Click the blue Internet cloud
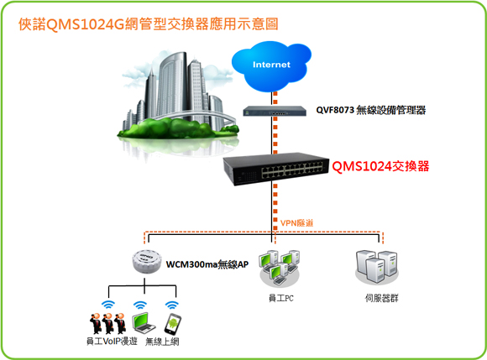[x=271, y=66]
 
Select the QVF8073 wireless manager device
[x=275, y=111]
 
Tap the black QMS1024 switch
[x=276, y=169]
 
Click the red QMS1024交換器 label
[x=380, y=166]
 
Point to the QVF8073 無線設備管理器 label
[x=371, y=110]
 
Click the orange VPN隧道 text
[x=296, y=223]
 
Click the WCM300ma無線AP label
[x=207, y=264]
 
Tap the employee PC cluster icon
[x=280, y=269]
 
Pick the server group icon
[x=377, y=267]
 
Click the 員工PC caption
[x=280, y=298]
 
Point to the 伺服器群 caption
[x=381, y=298]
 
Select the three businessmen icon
[x=107, y=323]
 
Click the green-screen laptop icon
[x=144, y=323]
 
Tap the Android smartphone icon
[x=173, y=324]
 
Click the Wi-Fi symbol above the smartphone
[x=172, y=305]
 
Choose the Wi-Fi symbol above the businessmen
[x=107, y=305]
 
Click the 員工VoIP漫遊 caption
[x=112, y=342]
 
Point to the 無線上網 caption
[x=162, y=342]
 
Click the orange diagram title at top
[x=149, y=24]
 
